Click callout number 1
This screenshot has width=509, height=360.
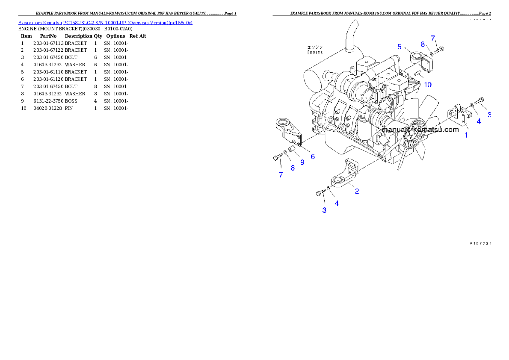tap(466, 135)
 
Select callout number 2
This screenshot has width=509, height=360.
tap(357, 191)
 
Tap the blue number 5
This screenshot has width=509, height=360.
tap(399, 47)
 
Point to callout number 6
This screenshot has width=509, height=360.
tap(313, 156)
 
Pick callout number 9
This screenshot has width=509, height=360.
tap(302, 162)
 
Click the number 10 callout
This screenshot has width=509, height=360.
tap(427, 84)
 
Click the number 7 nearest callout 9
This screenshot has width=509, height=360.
tap(281, 174)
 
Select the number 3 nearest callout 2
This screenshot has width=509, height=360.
tap(324, 210)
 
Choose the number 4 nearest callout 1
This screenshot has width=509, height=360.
tap(479, 121)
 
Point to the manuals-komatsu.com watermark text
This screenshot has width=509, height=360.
tap(420, 130)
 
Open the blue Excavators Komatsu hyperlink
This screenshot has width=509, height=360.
tap(105, 22)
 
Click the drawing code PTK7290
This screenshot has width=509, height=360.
tap(479, 243)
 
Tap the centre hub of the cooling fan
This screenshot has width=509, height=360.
tap(414, 133)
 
